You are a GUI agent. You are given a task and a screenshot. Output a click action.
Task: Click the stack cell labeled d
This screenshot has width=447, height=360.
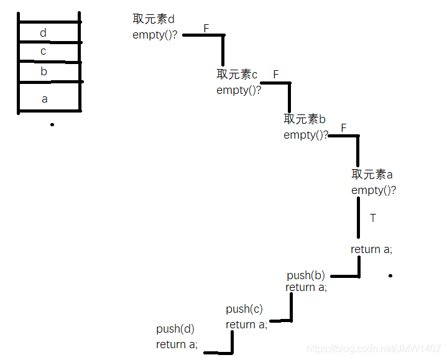coord(48,32)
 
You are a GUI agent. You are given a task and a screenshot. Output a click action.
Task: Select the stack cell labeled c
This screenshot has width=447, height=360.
coord(48,52)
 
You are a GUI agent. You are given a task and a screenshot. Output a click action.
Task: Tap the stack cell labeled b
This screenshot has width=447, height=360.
coord(48,72)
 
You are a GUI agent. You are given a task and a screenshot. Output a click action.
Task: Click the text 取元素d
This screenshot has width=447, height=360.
coord(154,19)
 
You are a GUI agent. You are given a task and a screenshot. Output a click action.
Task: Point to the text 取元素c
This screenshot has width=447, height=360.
coord(237,75)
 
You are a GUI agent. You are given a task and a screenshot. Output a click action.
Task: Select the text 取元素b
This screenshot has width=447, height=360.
coord(305,119)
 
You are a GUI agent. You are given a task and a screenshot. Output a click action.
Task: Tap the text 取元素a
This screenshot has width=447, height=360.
coord(372,175)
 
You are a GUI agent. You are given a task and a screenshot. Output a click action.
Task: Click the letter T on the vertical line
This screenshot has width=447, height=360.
coord(373,218)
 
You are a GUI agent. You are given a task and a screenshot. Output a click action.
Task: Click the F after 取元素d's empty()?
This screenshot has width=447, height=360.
coord(206,28)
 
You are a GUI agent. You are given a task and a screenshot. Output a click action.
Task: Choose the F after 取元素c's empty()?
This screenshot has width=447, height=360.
coord(275,75)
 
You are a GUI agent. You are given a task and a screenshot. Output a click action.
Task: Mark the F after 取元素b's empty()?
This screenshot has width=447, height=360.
coord(343,128)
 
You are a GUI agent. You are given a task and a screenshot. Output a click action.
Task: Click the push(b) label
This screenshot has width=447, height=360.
coord(306,275)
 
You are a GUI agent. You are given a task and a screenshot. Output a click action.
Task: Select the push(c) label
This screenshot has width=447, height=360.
coord(244,309)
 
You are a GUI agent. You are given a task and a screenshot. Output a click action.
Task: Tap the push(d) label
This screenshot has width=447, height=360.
coord(175,329)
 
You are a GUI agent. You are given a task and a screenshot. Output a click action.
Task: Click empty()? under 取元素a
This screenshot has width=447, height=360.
coord(374,190)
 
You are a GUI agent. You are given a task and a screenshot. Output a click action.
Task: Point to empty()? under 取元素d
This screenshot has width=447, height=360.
coord(155,35)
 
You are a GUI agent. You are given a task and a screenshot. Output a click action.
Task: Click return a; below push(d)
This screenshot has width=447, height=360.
coord(177,344)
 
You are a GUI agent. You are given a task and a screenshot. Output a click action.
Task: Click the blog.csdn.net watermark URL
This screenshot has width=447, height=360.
coord(374,351)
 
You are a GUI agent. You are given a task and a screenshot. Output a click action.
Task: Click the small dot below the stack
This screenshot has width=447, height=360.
coord(52,124)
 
